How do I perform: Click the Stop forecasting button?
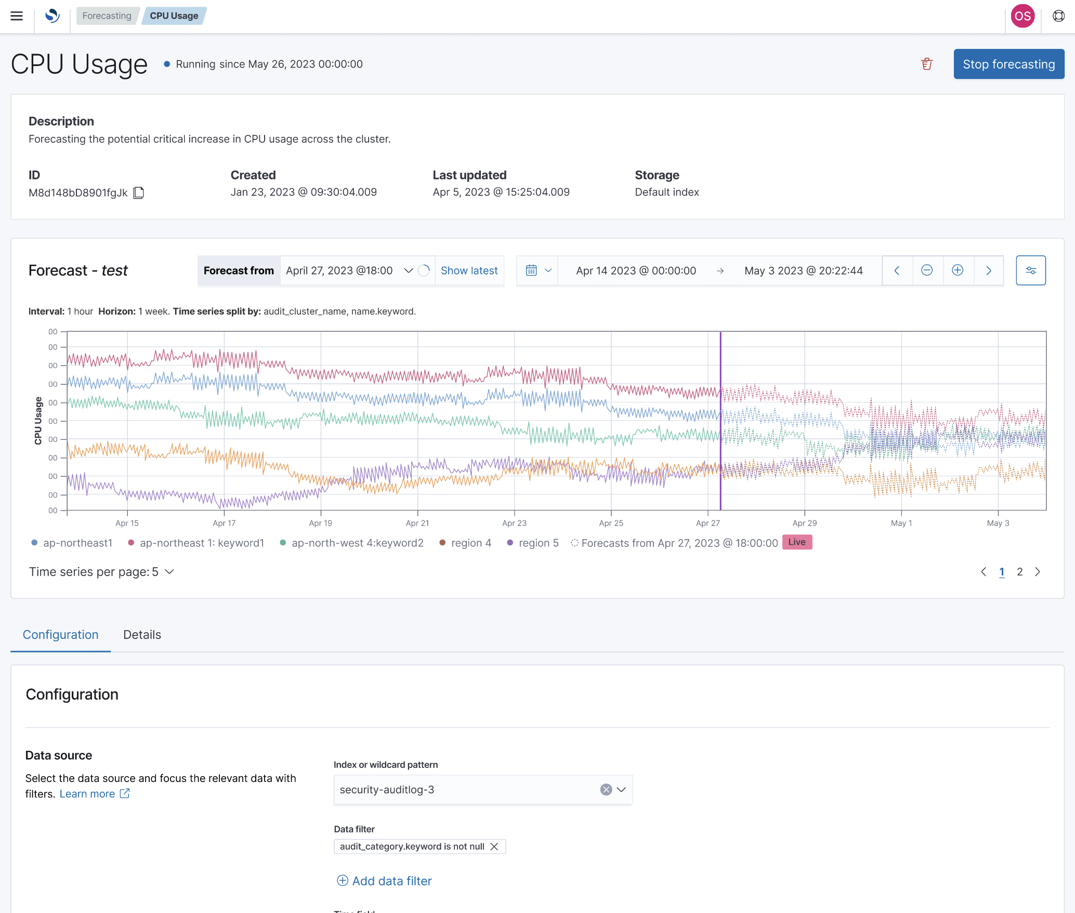coord(1008,64)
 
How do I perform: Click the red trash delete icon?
coord(927,64)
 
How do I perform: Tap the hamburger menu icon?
coord(17,16)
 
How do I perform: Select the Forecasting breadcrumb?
coord(107,16)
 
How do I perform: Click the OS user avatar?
coord(1022,16)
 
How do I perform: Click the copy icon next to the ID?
coord(139,193)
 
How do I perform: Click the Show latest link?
coord(469,270)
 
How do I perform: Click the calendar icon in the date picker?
coord(531,270)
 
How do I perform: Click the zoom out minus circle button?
coord(927,270)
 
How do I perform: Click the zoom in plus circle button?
coord(958,270)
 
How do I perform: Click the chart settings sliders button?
coord(1031,270)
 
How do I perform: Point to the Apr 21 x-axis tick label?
coord(417,523)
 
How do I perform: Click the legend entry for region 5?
coord(538,543)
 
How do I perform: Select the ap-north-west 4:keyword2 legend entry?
coord(357,543)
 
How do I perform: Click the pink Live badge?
coord(797,542)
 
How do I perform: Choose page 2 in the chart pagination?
coord(1020,572)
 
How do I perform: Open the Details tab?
coord(142,635)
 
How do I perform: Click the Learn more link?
coord(87,794)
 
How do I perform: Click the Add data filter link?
coord(391,881)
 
